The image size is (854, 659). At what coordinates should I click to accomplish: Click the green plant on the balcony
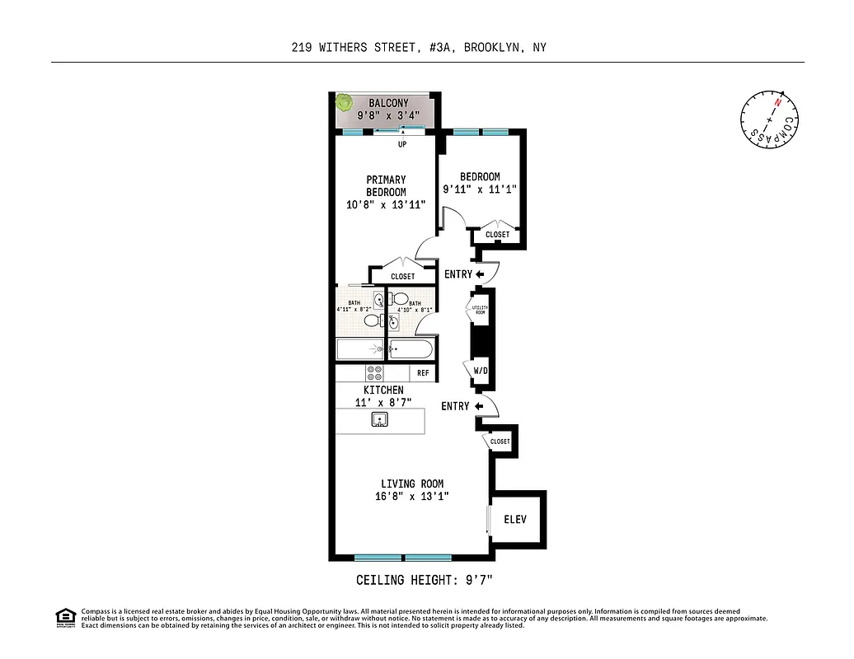[x=345, y=103]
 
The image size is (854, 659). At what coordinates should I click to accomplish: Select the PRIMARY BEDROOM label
[x=386, y=185]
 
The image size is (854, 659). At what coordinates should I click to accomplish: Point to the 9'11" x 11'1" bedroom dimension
[x=480, y=189]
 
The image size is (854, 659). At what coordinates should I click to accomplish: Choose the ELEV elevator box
[x=515, y=520]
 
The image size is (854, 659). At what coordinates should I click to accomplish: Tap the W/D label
[x=481, y=371]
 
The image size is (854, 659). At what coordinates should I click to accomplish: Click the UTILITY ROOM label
[x=480, y=311]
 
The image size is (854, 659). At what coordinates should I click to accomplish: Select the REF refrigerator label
[x=423, y=373]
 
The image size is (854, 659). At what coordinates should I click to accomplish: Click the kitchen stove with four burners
[x=374, y=372]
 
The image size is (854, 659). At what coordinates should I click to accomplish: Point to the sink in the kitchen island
[x=380, y=421]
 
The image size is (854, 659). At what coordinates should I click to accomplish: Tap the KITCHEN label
[x=384, y=390]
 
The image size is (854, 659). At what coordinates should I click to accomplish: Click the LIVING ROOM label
[x=411, y=484]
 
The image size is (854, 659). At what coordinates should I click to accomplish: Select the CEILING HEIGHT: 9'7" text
[x=424, y=580]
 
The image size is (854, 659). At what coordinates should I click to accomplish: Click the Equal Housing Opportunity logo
[x=65, y=616]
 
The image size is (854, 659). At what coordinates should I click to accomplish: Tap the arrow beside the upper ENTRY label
[x=480, y=274]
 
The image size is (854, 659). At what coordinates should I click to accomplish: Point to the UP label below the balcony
[x=403, y=145]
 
